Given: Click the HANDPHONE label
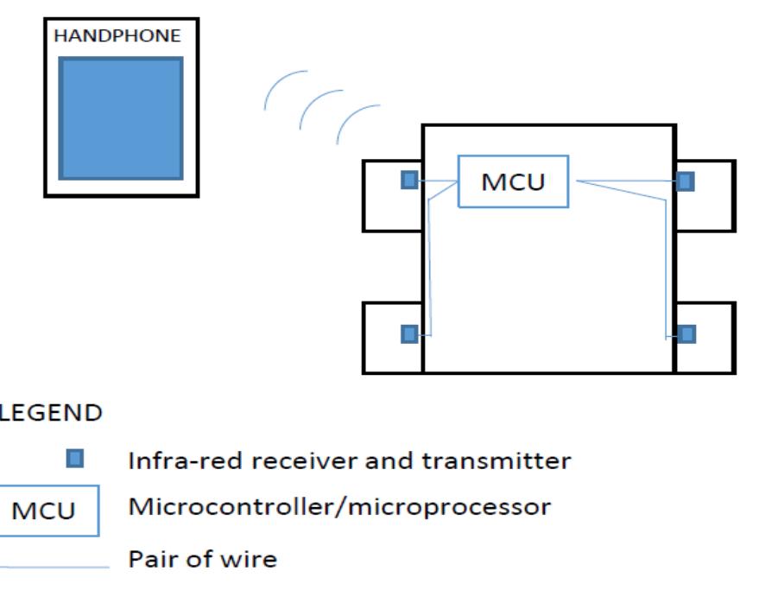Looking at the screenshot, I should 117,36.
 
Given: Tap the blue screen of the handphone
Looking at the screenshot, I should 121,118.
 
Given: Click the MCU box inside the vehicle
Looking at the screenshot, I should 513,182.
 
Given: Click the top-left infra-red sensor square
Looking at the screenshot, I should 410,180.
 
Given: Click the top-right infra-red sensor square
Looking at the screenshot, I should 685,181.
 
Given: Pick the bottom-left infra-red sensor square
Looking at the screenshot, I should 410,333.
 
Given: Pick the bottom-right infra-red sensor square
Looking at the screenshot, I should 686,333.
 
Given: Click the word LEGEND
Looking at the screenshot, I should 51,413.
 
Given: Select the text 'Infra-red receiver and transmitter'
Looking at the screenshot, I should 349,460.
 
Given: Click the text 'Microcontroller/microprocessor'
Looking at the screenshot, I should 338,506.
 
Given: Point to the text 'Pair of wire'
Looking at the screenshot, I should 202,559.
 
